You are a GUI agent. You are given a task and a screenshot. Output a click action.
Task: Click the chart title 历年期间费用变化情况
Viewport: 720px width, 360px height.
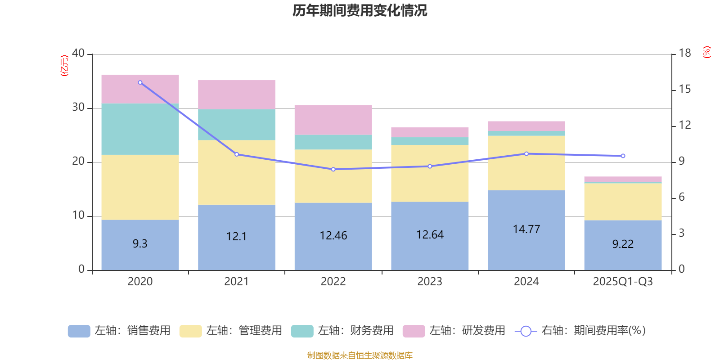pyautogui.click(x=360, y=10)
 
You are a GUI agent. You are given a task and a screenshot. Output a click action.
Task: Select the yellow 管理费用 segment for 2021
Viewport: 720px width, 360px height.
pyautogui.click(x=237, y=172)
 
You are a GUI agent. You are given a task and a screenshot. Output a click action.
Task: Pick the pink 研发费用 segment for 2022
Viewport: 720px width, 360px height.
pyautogui.click(x=333, y=120)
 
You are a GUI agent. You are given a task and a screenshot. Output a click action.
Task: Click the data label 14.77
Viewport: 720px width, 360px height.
pyautogui.click(x=526, y=229)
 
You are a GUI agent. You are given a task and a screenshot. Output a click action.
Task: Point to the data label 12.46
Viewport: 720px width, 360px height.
pyautogui.click(x=333, y=236)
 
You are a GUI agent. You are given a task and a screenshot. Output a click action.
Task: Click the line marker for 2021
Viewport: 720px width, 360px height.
pyautogui.click(x=237, y=154)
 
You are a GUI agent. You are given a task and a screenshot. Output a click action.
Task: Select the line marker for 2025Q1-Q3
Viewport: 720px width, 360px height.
pyautogui.click(x=623, y=156)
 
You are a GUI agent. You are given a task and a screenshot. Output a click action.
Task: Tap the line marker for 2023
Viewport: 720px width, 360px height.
pyautogui.click(x=430, y=166)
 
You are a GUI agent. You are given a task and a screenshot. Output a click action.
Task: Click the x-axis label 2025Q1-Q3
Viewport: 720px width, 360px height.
pyautogui.click(x=623, y=282)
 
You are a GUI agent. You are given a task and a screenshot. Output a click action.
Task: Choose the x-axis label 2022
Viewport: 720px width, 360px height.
pyautogui.click(x=333, y=282)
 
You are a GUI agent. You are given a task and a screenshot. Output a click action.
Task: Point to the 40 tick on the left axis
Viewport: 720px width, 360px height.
pyautogui.click(x=78, y=54)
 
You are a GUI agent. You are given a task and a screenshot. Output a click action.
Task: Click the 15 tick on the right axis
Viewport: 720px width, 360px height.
pyautogui.click(x=684, y=90)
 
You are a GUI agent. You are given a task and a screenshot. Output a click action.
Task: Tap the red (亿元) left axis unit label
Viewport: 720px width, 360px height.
pyautogui.click(x=64, y=66)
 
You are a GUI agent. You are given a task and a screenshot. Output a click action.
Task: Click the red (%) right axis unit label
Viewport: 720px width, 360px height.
pyautogui.click(x=706, y=52)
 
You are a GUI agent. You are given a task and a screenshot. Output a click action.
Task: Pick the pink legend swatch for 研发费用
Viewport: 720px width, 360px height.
pyautogui.click(x=414, y=331)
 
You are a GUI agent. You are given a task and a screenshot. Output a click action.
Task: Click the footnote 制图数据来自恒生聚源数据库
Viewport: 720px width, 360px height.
pyautogui.click(x=360, y=355)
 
